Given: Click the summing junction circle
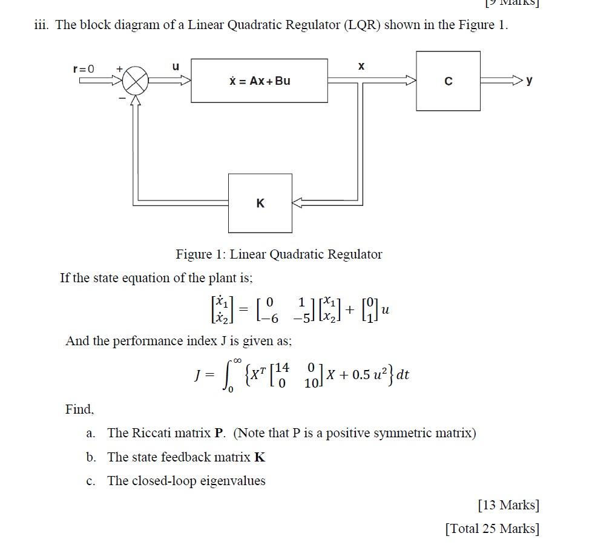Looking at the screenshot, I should click(x=136, y=81).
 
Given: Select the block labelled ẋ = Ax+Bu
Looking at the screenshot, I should click(x=259, y=81).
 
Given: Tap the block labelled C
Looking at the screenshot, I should click(x=448, y=81).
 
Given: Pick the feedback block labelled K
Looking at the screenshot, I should click(x=260, y=203).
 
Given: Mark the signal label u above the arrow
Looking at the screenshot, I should click(x=176, y=67).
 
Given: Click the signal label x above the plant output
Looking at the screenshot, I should click(x=361, y=66).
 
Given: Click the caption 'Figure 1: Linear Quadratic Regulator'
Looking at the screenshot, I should click(x=279, y=254).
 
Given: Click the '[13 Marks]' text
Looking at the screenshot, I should click(x=508, y=504).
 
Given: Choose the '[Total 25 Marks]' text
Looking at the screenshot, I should click(x=491, y=528).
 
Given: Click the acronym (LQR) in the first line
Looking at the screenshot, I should click(x=361, y=26).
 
